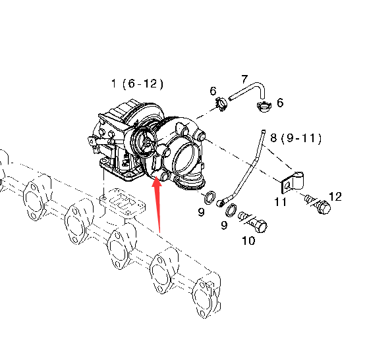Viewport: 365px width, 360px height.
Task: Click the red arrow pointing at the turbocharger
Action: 157,205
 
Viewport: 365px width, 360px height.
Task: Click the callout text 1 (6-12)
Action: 137,84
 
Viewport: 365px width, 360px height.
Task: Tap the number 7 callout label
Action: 244,79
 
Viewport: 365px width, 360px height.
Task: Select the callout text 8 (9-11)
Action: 296,138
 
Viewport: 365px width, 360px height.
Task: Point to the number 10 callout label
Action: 248,241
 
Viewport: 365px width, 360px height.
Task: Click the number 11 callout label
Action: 280,202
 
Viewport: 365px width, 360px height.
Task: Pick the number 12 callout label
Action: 335,197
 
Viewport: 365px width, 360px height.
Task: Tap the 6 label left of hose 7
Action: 213,91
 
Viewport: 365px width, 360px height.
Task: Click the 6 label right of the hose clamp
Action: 280,103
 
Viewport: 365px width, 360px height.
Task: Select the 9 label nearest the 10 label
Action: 224,225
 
